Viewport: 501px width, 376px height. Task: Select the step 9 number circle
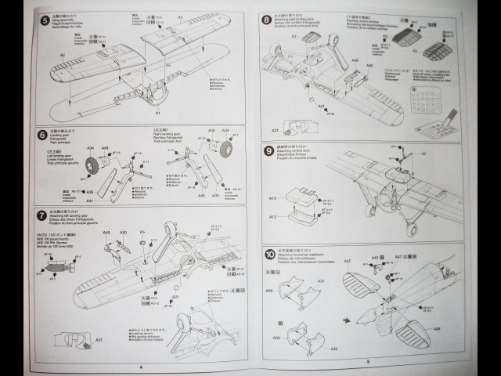pos(269,150)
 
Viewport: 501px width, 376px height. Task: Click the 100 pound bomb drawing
pos(55,274)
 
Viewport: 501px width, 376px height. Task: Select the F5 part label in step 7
pos(142,233)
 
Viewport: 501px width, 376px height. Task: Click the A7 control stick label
pos(468,154)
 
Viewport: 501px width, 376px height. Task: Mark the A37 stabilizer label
pos(348,260)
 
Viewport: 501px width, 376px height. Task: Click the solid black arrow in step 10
pos(346,320)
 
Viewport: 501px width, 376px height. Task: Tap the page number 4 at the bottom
pos(141,365)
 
